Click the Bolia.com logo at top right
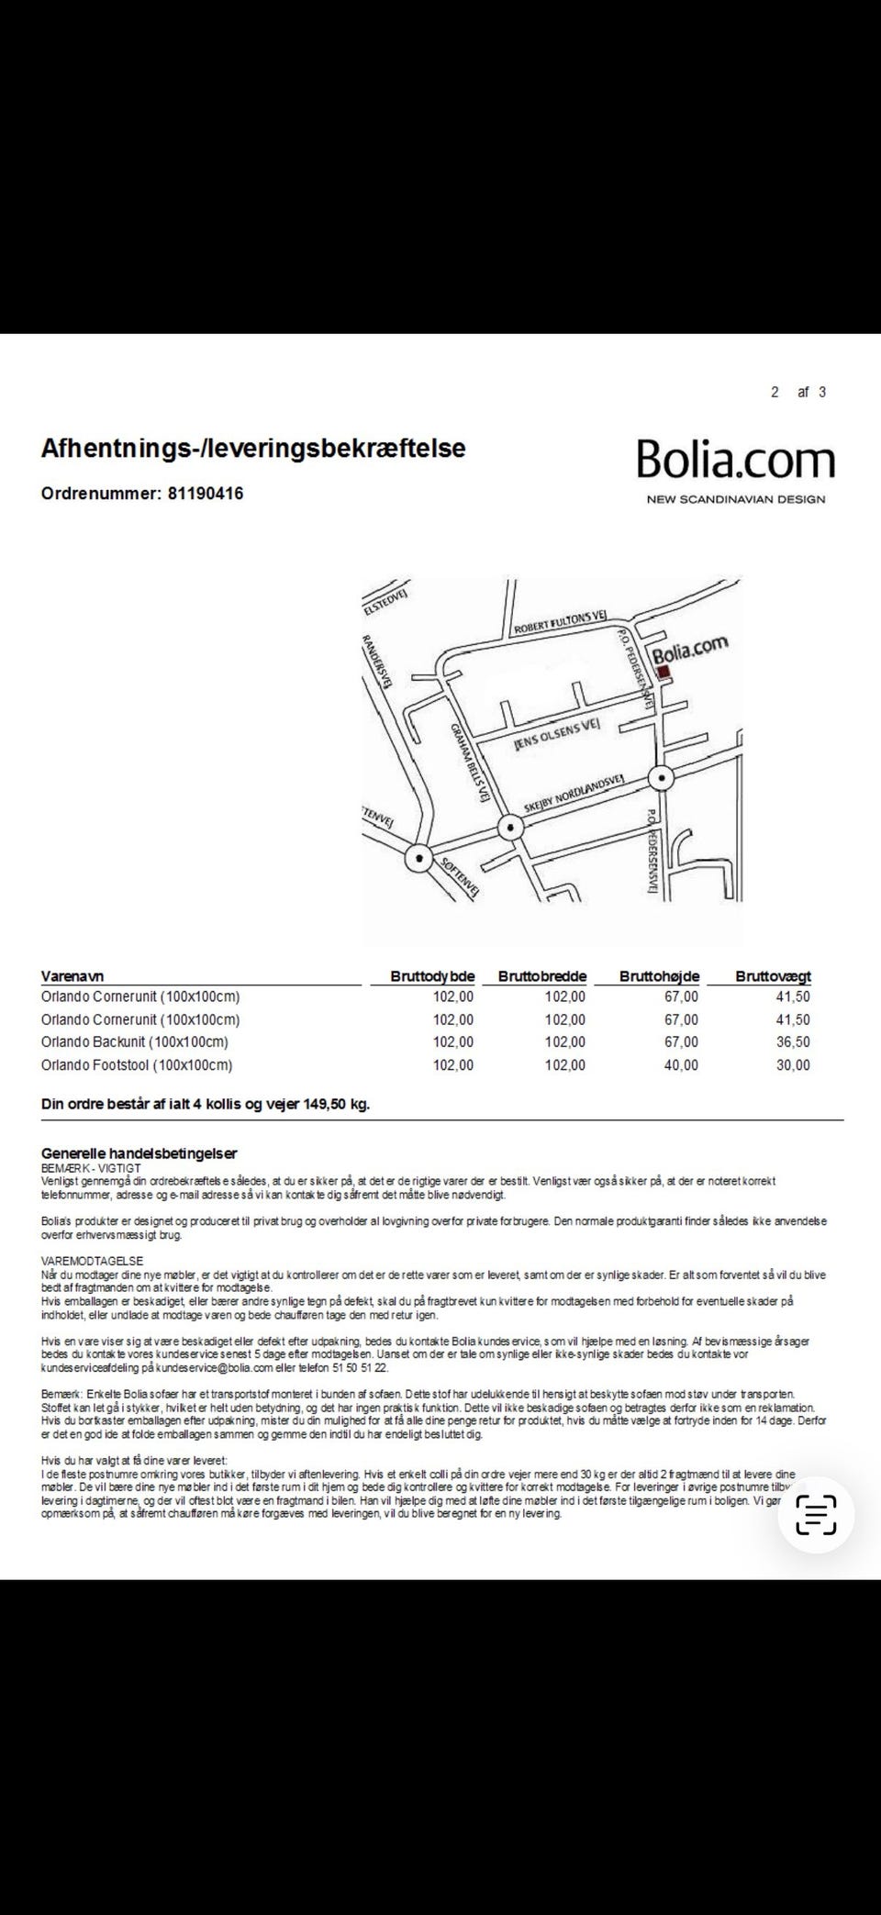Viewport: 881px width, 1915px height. pos(736,460)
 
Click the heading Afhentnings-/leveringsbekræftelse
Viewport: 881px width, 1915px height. pos(253,449)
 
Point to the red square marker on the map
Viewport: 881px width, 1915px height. pos(664,673)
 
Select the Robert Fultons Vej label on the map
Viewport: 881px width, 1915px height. pos(559,625)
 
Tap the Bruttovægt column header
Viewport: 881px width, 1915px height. pos(773,976)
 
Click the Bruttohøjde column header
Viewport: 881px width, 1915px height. pos(659,976)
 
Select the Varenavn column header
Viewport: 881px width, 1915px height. pos(72,976)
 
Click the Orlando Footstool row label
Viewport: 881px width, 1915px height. pos(137,1065)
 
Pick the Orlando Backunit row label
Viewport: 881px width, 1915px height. pos(135,1042)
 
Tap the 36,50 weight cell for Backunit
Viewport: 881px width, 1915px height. pos(793,1042)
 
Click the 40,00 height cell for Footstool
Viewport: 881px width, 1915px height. pos(680,1065)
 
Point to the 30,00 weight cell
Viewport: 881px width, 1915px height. pos(793,1065)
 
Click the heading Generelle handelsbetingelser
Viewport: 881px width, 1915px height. pos(139,1153)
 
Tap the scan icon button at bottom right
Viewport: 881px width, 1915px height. pos(816,1514)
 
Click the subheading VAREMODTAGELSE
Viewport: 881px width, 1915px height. pos(92,1262)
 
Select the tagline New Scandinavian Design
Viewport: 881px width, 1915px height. pos(735,499)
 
